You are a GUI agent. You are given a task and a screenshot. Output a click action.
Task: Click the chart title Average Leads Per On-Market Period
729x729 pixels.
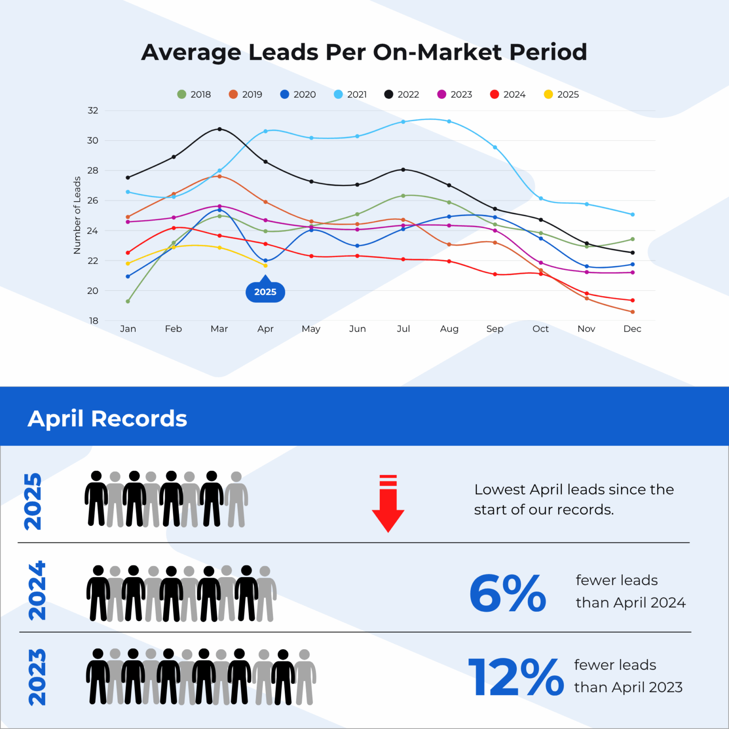(364, 52)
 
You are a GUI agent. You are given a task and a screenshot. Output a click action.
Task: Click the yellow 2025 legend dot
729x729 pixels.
(548, 94)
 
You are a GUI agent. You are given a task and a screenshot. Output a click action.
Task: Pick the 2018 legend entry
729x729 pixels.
(194, 94)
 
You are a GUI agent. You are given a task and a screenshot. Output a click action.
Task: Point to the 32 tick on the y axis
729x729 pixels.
(93, 111)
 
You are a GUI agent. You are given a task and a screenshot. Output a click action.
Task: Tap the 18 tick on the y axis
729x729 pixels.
(93, 321)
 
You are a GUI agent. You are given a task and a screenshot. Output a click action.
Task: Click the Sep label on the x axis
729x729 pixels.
(495, 329)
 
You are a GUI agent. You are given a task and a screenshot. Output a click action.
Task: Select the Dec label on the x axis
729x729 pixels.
(632, 329)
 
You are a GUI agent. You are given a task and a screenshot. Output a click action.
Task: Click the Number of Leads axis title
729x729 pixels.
(77, 215)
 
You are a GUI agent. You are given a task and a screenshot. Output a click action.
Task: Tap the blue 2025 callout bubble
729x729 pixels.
(265, 292)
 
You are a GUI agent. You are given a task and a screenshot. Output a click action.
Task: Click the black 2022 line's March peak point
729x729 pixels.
(219, 129)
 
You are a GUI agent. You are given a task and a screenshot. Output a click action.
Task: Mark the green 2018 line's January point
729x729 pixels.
(128, 301)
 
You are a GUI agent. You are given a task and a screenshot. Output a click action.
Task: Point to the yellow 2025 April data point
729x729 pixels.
(265, 266)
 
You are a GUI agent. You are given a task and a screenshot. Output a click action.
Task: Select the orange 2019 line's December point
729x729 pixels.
(632, 312)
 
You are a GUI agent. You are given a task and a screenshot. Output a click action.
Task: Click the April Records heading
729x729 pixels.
(107, 419)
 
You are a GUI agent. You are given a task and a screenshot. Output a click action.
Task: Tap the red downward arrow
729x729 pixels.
(388, 504)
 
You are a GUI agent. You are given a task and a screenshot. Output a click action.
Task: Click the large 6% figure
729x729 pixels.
(507, 593)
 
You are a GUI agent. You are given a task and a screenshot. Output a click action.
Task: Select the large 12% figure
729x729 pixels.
(515, 677)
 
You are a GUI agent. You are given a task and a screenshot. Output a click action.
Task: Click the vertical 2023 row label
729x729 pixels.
(37, 677)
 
